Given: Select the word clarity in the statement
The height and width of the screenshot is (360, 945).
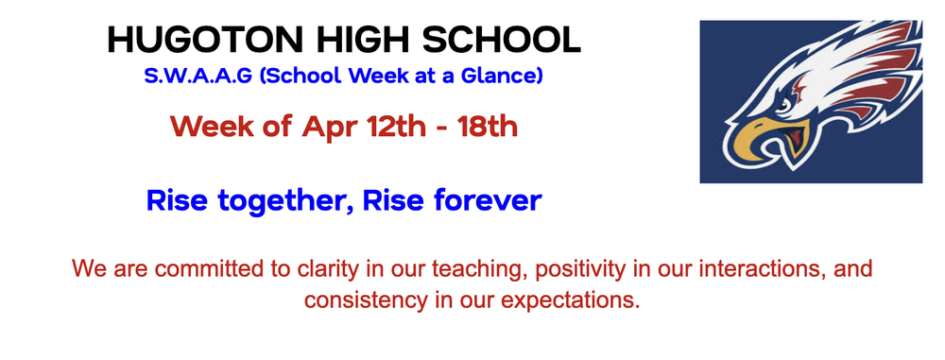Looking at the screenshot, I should (320, 269).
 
